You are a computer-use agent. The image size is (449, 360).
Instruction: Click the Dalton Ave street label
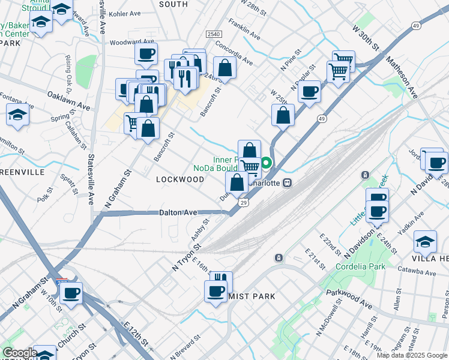pyautogui.click(x=178, y=213)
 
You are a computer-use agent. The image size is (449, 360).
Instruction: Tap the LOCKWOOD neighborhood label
pyautogui.click(x=180, y=179)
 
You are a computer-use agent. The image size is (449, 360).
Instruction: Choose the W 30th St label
pyautogui.click(x=367, y=38)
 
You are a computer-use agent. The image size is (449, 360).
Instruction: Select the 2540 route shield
pyautogui.click(x=214, y=35)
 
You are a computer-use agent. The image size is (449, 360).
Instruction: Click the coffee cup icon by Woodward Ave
pyautogui.click(x=146, y=55)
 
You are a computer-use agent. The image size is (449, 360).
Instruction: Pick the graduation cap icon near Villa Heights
pyautogui.click(x=425, y=241)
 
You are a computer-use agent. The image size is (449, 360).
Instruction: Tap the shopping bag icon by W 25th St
pyautogui.click(x=283, y=115)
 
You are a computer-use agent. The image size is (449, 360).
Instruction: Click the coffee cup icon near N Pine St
pyautogui.click(x=309, y=91)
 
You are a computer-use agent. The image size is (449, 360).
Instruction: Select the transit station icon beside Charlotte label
pyautogui.click(x=288, y=182)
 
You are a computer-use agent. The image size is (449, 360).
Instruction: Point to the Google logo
pyautogui.click(x=19, y=353)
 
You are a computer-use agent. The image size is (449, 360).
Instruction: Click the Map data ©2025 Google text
pyautogui.click(x=411, y=355)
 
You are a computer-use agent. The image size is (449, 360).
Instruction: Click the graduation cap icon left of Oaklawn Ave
pyautogui.click(x=18, y=115)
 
